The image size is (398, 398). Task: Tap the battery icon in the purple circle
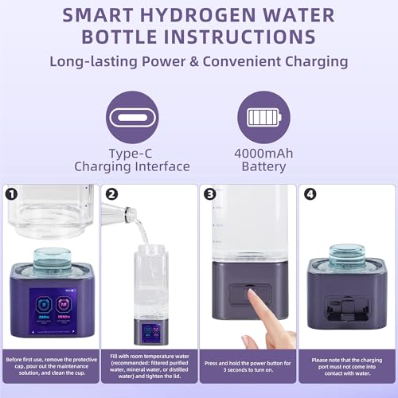(x=264, y=118)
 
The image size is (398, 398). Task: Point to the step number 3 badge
(x=209, y=193)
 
